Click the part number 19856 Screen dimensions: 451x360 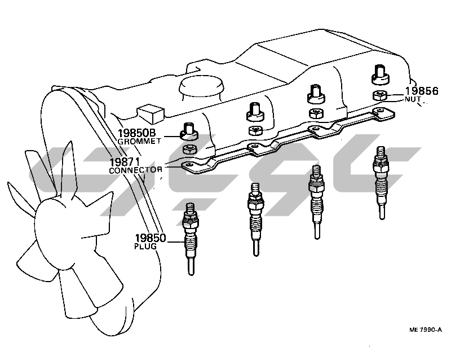422,91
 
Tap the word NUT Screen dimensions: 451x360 413,99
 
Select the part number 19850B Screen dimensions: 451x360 136,133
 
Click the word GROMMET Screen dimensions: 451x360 139,142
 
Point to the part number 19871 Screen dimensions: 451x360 125,162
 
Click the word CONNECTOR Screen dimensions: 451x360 135,170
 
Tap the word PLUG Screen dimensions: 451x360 145,247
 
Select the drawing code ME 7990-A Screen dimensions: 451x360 426,330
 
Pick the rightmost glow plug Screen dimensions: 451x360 381,182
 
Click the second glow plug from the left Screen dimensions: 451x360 255,219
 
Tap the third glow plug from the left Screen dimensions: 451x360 316,202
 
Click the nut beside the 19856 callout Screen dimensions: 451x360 380,95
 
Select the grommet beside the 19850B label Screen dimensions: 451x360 189,131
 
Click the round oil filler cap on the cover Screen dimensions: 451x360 202,87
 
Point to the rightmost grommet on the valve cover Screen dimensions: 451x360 381,75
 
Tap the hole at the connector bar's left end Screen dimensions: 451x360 189,165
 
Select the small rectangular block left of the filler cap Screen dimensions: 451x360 151,113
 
